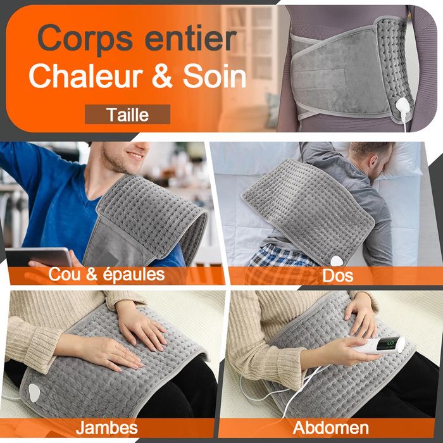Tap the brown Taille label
tap(128, 115)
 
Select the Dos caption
tap(337, 276)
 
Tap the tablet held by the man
tap(39, 256)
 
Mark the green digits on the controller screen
tap(396, 344)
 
